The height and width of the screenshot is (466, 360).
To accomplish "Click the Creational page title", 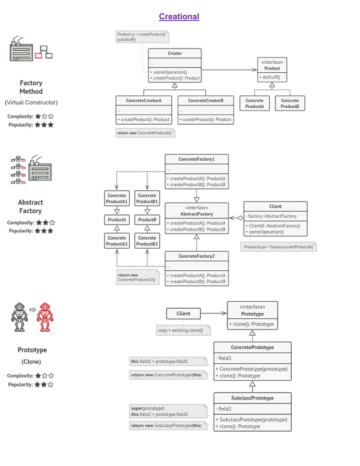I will pyautogui.click(x=179, y=16).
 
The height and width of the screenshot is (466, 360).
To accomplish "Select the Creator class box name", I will pyautogui.click(x=174, y=54).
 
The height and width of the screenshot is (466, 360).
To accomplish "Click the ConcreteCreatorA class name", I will pyautogui.click(x=143, y=100).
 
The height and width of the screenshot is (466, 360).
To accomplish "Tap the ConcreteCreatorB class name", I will pyautogui.click(x=205, y=100).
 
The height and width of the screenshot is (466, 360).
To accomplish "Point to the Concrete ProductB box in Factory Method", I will pyautogui.click(x=289, y=103).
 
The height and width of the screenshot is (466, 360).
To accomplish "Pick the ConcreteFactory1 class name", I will pyautogui.click(x=196, y=159).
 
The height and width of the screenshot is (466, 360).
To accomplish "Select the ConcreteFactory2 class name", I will pyautogui.click(x=196, y=256).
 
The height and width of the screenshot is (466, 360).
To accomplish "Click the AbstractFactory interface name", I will pyautogui.click(x=196, y=214).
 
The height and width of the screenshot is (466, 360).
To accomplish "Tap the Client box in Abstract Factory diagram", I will pyautogui.click(x=275, y=206).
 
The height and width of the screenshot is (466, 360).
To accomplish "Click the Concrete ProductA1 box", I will pyautogui.click(x=117, y=199).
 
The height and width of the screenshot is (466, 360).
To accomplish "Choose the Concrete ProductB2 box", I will pyautogui.click(x=147, y=241).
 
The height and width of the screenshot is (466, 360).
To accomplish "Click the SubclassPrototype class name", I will pyautogui.click(x=252, y=398).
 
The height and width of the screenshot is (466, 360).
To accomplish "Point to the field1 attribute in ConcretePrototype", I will pyautogui.click(x=226, y=358).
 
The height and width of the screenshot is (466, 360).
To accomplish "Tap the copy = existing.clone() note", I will pyautogui.click(x=183, y=329).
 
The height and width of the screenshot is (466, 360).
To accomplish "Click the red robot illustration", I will pyautogui.click(x=43, y=316).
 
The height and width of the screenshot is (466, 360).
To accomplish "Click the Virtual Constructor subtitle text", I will pyautogui.click(x=31, y=103).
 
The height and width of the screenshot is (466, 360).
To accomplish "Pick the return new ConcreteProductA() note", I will pyautogui.click(x=145, y=133).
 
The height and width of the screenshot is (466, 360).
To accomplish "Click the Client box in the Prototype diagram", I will pyautogui.click(x=183, y=314).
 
